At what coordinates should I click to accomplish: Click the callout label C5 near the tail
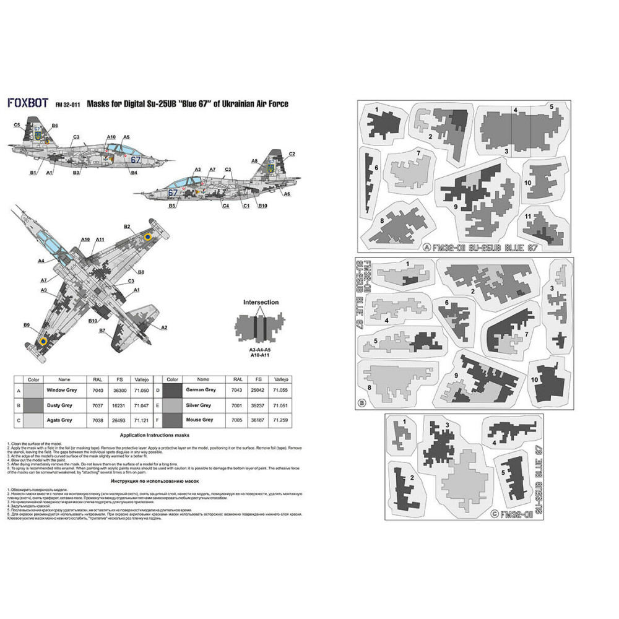17,126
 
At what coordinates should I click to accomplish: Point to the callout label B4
134,173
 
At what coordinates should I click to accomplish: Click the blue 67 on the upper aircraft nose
136,160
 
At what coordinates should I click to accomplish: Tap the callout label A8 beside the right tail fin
254,161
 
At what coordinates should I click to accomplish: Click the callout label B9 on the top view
27,325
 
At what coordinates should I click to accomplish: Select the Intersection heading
261,303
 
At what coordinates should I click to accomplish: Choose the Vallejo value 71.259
281,420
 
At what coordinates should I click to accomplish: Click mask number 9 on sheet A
456,207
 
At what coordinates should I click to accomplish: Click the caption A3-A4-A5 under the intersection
261,349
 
